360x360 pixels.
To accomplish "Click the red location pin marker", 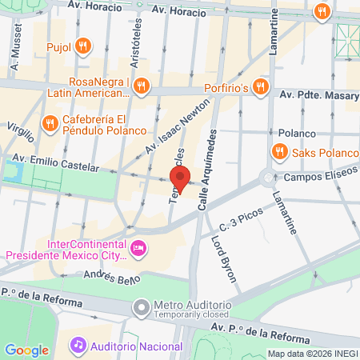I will pos(181,179).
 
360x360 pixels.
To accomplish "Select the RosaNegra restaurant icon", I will pos(141,86).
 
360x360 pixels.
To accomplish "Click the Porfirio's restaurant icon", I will pos(260,86).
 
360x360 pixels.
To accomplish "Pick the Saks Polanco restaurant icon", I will pos(279,150).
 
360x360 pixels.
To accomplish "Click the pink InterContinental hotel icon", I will pos(138,249).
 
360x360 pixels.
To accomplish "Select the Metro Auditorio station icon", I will pos(142,307).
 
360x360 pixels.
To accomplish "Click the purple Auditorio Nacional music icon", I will pos(78,346).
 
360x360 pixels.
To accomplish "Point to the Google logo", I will pos(26,350).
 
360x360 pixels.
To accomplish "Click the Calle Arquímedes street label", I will pos(207,171).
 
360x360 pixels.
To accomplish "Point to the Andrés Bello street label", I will pos(112,278).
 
